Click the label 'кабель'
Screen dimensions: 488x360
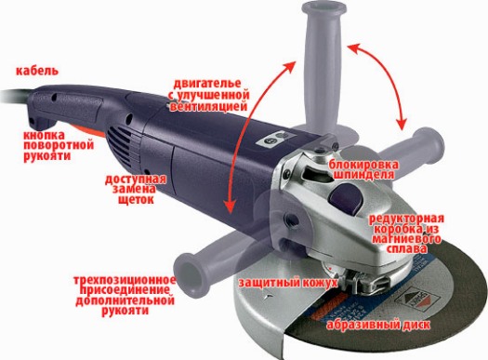(x=37, y=71)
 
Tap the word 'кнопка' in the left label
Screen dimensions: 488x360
(x=45, y=135)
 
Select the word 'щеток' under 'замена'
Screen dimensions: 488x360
(x=136, y=199)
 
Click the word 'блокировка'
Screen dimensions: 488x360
(x=363, y=164)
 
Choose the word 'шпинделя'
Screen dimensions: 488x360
(x=364, y=174)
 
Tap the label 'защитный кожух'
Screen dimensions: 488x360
(x=288, y=283)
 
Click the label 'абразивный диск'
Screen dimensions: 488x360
(x=378, y=325)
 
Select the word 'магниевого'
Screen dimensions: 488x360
(x=407, y=239)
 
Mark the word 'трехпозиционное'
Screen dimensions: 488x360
(x=125, y=280)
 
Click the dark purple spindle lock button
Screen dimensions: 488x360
(x=346, y=198)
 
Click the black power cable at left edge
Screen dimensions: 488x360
(x=16, y=96)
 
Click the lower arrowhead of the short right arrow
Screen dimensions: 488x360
(x=402, y=124)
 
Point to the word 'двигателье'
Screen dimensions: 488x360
(x=207, y=84)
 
